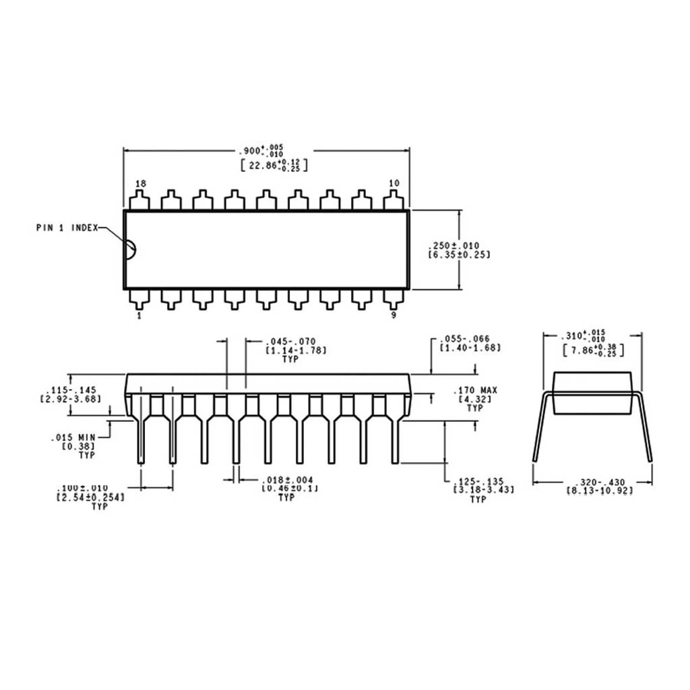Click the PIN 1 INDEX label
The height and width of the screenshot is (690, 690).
click(67, 228)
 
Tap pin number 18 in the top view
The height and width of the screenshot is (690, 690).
click(140, 184)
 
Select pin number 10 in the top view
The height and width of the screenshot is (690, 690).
click(394, 183)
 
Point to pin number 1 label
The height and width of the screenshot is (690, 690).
click(139, 315)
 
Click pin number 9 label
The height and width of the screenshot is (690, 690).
click(394, 315)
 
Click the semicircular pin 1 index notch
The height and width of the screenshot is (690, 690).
click(130, 249)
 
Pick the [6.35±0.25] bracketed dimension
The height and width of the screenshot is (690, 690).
click(459, 255)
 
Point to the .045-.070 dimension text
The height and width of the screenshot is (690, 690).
click(290, 342)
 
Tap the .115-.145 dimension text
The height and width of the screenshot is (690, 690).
click(71, 391)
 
